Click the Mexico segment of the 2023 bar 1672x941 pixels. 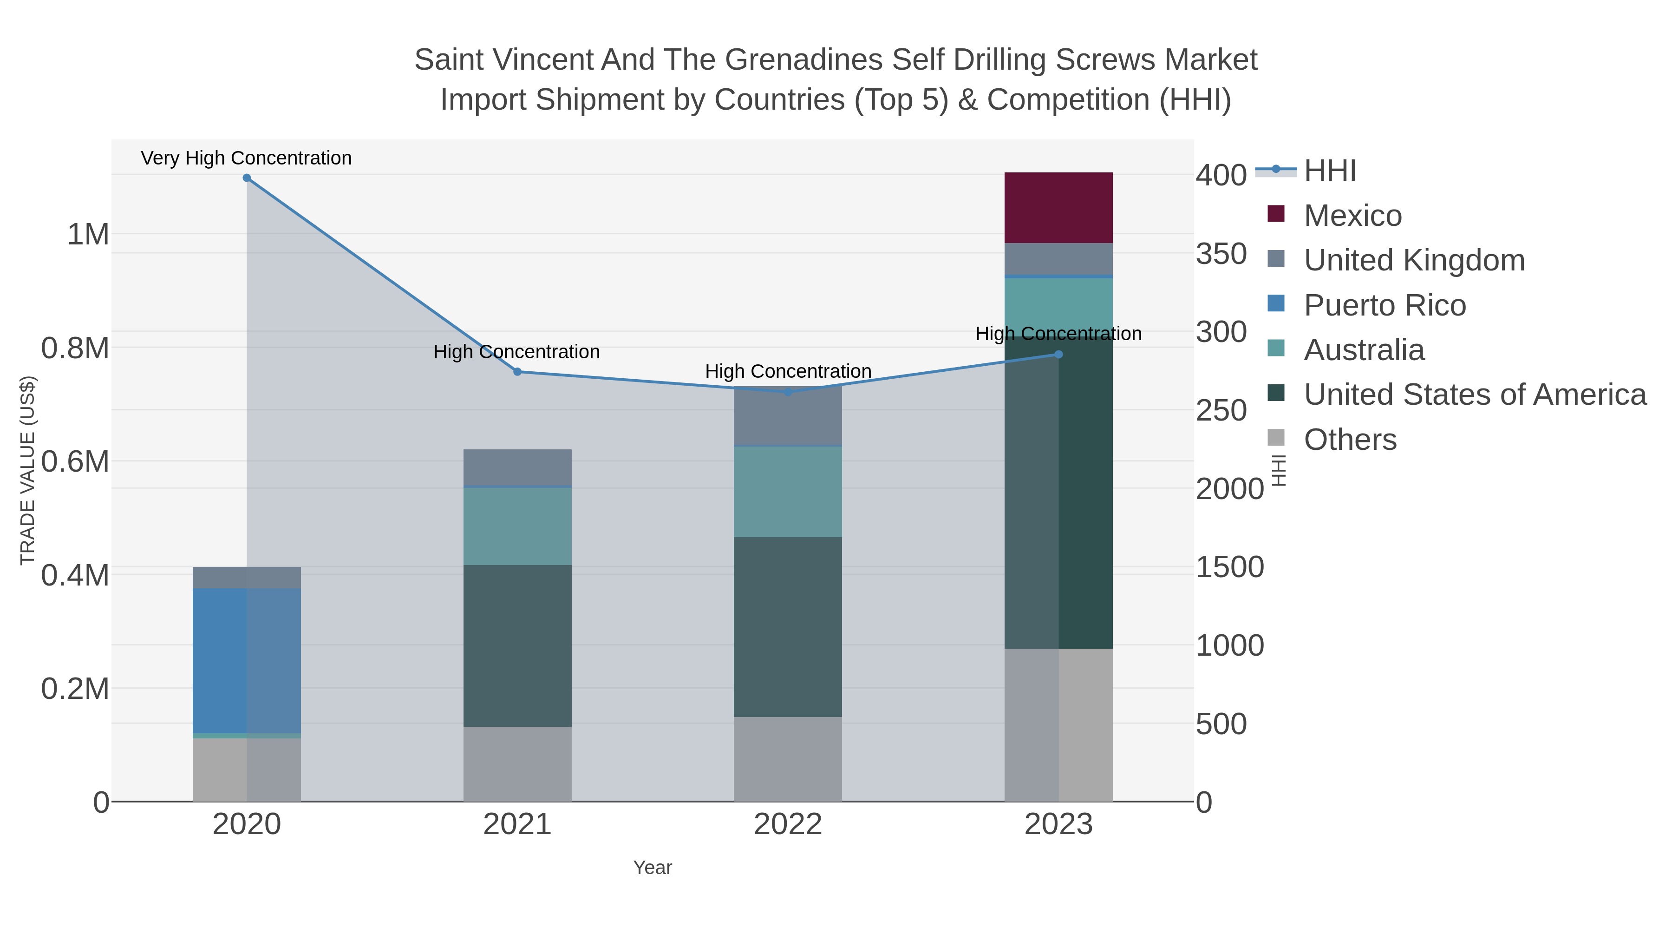point(1058,208)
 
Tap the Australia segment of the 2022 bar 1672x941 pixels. point(787,492)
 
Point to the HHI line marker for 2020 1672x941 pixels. point(247,178)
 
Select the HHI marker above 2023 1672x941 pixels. point(1058,355)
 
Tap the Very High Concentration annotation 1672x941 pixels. point(246,158)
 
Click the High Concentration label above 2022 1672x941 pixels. point(787,371)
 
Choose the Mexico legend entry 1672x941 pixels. point(1352,216)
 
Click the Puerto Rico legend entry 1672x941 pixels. point(1384,305)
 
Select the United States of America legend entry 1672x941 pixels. point(1474,395)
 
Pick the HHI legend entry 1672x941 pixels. point(1329,171)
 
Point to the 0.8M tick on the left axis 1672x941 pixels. point(75,348)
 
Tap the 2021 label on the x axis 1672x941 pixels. point(517,825)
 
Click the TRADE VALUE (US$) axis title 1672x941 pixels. point(27,470)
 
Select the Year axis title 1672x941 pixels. point(653,868)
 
